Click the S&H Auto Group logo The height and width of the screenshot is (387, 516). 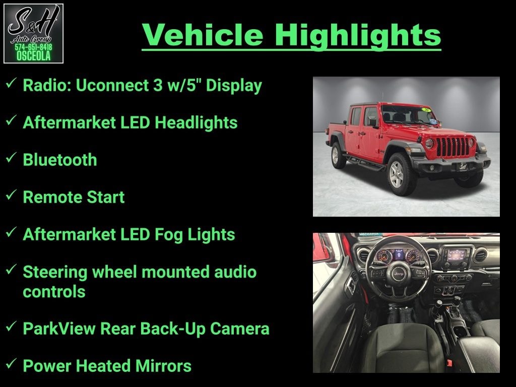click(33, 33)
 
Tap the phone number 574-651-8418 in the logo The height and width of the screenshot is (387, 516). click(33, 47)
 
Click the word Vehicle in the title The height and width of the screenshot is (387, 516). click(203, 35)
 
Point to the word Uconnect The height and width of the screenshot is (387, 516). click(112, 85)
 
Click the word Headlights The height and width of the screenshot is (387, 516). click(196, 123)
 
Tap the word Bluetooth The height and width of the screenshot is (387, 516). click(60, 160)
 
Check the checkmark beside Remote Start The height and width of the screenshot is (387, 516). click(11, 195)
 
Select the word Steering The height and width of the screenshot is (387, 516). click(55, 273)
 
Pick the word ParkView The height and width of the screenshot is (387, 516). click(59, 329)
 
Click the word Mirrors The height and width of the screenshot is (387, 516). click(163, 366)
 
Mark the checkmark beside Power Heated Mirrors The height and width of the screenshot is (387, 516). click(11, 364)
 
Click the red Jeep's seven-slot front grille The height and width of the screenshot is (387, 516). click(453, 147)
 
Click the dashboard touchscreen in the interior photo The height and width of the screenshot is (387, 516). click(456, 254)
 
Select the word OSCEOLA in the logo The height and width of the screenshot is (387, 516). click(33, 55)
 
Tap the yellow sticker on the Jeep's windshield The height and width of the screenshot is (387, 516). click(426, 109)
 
